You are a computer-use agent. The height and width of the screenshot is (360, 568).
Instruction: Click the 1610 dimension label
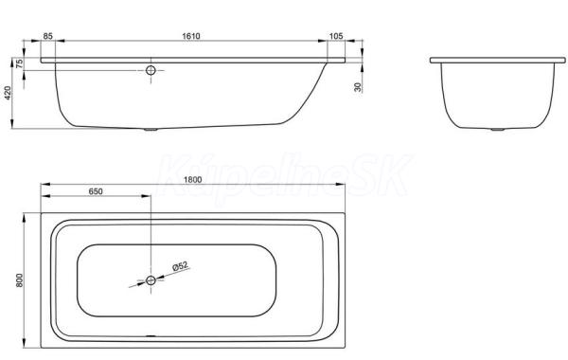coord(191,36)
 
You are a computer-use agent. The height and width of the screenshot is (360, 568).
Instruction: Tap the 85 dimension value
coord(48,36)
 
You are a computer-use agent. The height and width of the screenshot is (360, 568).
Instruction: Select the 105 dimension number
coord(336,36)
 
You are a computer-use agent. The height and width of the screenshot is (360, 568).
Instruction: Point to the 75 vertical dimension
coord(20,63)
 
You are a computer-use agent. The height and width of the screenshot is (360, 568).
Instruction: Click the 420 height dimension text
coord(8,93)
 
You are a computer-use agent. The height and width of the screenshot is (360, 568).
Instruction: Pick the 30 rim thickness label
coord(358,87)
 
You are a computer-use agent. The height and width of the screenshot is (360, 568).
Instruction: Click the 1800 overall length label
coord(192,180)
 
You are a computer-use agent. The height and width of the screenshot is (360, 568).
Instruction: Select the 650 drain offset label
coord(96,191)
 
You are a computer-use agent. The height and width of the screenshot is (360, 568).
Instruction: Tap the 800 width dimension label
coord(19,280)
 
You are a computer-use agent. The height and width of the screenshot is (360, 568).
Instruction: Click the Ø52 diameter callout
coord(181,266)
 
